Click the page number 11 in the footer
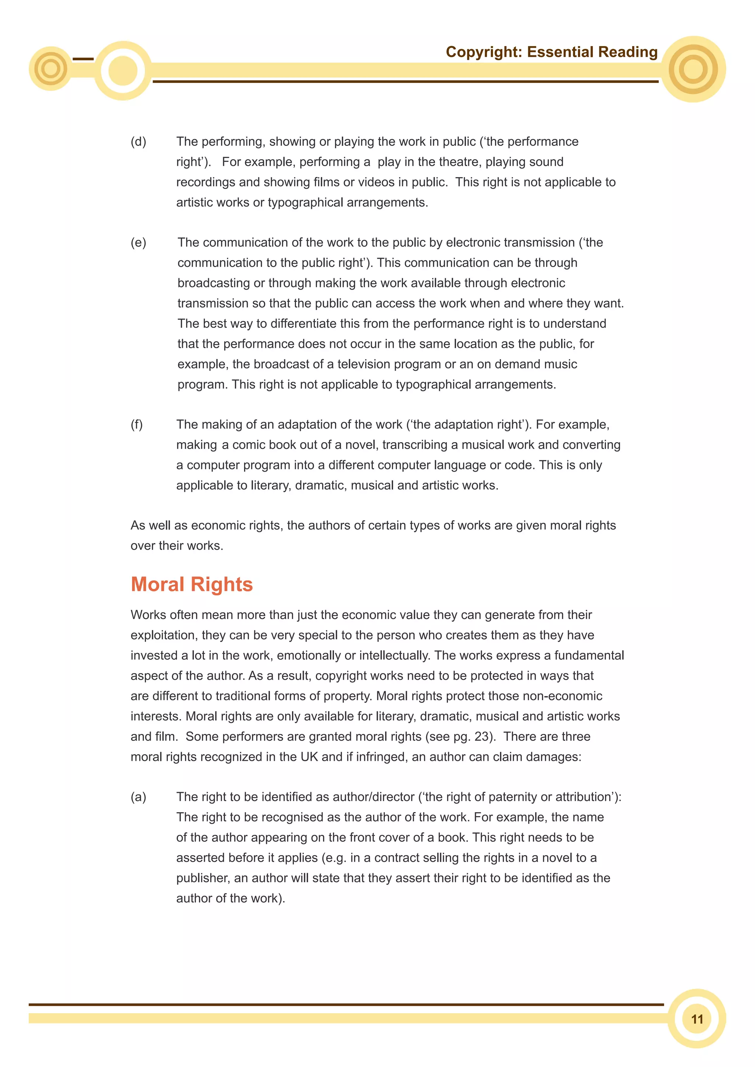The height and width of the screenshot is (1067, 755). click(x=697, y=1019)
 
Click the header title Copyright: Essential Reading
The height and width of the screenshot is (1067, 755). click(x=552, y=52)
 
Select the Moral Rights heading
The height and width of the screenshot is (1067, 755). click(x=192, y=584)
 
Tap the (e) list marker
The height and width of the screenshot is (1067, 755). click(x=138, y=242)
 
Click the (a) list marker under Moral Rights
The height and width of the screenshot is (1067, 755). click(x=138, y=797)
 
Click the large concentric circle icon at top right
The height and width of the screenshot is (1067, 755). click(x=693, y=69)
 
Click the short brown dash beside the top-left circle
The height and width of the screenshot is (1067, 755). click(x=83, y=59)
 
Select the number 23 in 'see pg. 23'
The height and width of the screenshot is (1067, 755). click(x=483, y=736)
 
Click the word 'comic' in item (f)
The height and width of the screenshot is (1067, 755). click(x=249, y=445)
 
